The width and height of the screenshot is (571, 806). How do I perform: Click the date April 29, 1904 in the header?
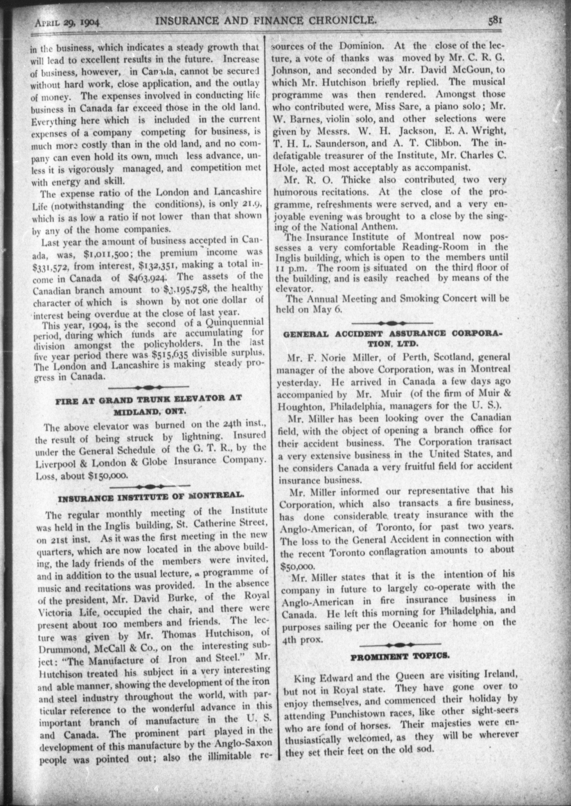[x=67, y=23]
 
